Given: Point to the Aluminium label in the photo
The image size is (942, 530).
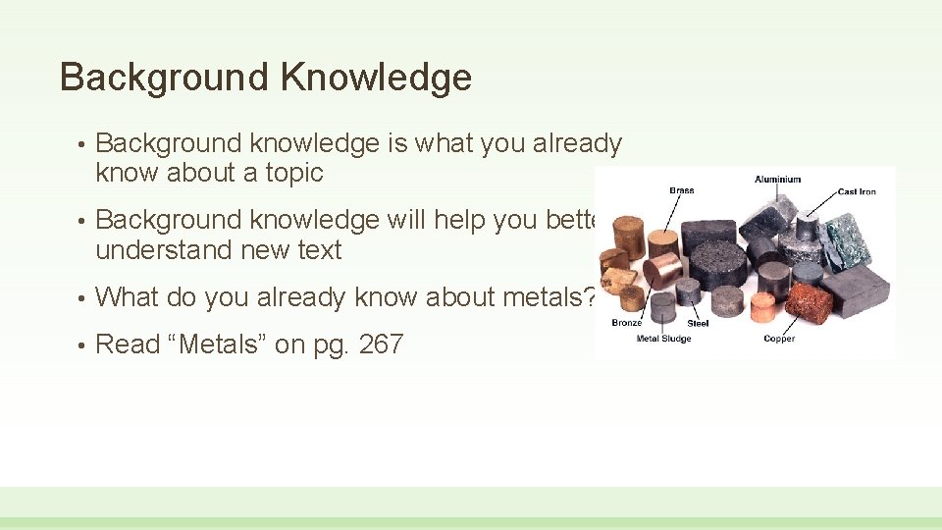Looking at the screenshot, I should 777,180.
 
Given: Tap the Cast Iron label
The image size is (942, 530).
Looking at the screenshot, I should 856,191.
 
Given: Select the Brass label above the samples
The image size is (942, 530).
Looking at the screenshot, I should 681,190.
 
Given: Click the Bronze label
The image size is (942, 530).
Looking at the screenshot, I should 627,323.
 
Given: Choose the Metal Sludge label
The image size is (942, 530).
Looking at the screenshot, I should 663,339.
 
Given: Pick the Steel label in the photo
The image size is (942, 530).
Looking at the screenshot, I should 698,323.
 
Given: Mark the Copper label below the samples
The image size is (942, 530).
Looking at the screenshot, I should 779,339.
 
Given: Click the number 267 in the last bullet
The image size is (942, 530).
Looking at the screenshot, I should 381,344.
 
